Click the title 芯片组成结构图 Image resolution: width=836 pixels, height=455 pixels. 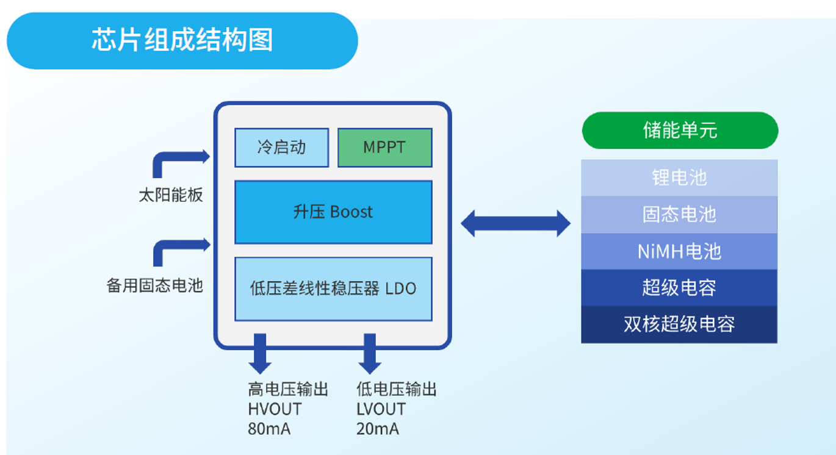(182, 40)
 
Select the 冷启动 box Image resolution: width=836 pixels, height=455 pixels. (281, 147)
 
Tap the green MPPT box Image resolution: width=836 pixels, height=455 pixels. (384, 147)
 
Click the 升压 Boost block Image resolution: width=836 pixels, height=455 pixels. (333, 212)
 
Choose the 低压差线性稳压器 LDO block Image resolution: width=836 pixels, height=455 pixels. (333, 288)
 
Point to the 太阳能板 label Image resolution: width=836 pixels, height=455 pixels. (171, 196)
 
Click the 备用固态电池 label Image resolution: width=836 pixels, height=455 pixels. (154, 285)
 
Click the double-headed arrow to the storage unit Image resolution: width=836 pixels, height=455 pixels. (516, 223)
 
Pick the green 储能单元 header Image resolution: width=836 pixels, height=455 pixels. (680, 130)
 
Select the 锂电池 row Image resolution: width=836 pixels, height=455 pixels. (679, 177)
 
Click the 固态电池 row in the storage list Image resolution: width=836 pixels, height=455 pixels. (679, 214)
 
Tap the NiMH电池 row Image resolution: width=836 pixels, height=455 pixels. (679, 251)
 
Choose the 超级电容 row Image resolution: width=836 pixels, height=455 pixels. (679, 287)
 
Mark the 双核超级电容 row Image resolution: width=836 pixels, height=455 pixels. (679, 324)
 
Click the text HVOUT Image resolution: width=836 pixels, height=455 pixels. (275, 409)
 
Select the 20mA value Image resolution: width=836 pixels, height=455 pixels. (378, 429)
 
